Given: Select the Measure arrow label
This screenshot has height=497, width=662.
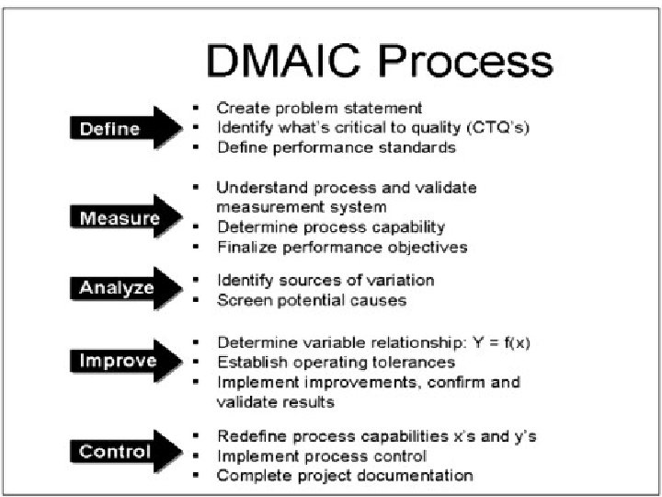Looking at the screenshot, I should pyautogui.click(x=119, y=218).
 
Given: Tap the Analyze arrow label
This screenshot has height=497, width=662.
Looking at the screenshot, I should pyautogui.click(x=116, y=288).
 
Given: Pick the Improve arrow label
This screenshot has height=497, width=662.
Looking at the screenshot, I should pyautogui.click(x=117, y=361).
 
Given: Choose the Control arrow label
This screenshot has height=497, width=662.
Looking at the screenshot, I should pyautogui.click(x=114, y=451).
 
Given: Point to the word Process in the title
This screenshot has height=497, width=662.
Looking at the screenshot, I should pyautogui.click(x=464, y=61).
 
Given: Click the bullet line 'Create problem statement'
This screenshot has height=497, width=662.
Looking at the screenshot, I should pyautogui.click(x=319, y=108).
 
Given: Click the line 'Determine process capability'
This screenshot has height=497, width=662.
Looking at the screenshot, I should pyautogui.click(x=331, y=226).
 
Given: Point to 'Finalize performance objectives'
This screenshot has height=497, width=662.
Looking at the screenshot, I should pyautogui.click(x=342, y=247).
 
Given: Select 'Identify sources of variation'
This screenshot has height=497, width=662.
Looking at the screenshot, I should pyautogui.click(x=325, y=280).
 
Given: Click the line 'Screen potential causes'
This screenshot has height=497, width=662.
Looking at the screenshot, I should pyautogui.click(x=311, y=300).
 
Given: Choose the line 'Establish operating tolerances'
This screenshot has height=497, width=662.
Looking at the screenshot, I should pyautogui.click(x=336, y=362).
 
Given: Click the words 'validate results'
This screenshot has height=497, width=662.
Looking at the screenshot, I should pyautogui.click(x=275, y=402).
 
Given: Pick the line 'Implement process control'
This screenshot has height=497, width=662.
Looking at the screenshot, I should pyautogui.click(x=321, y=456).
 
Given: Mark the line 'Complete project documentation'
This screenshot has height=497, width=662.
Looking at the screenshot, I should pyautogui.click(x=345, y=476).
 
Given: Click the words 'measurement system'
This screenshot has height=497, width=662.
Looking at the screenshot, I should pyautogui.click(x=302, y=207).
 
